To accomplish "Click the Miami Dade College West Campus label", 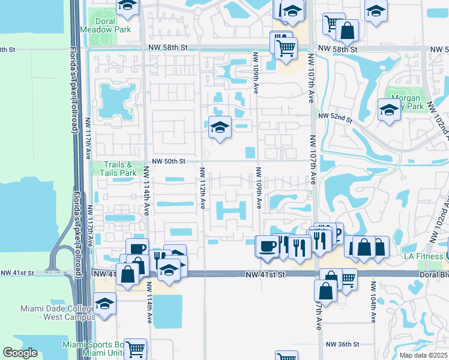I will [x=48, y=312].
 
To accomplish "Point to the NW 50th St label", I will [x=166, y=161].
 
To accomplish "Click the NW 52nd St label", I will [x=334, y=116].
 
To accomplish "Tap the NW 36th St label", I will [x=342, y=344].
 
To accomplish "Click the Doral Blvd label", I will [x=434, y=274].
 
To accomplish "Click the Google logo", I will [x=20, y=352].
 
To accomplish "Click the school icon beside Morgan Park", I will [x=389, y=110].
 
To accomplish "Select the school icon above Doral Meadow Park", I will [x=127, y=7].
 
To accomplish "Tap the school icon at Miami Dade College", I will [x=104, y=304].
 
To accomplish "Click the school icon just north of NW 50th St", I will [x=220, y=127].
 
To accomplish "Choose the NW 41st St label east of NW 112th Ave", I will [x=264, y=274].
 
